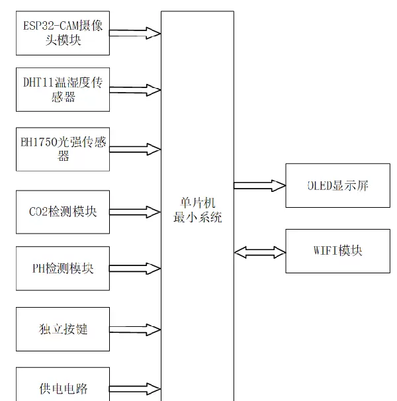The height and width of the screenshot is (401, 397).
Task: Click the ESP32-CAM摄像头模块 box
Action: (63, 34)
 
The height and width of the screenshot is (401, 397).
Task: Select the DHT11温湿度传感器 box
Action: (63, 89)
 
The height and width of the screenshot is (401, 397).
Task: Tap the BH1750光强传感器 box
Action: (63, 150)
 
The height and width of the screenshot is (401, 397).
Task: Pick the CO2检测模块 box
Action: (63, 212)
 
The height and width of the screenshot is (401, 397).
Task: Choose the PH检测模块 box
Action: (63, 269)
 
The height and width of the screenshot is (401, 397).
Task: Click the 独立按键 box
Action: (63, 329)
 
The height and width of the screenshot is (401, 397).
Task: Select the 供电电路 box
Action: (63, 388)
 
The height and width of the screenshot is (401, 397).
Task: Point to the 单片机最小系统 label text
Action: (197, 210)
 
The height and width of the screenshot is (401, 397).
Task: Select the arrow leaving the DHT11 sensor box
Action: (135, 90)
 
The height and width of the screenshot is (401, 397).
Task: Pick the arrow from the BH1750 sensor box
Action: (135, 148)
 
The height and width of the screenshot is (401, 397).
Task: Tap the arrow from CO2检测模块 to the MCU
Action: (135, 213)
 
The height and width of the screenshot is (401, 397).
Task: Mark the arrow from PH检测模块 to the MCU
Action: (135, 269)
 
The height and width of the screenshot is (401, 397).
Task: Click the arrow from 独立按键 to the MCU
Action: (135, 330)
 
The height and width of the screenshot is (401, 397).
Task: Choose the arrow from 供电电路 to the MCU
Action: (135, 388)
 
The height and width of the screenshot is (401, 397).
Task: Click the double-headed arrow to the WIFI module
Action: (259, 251)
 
